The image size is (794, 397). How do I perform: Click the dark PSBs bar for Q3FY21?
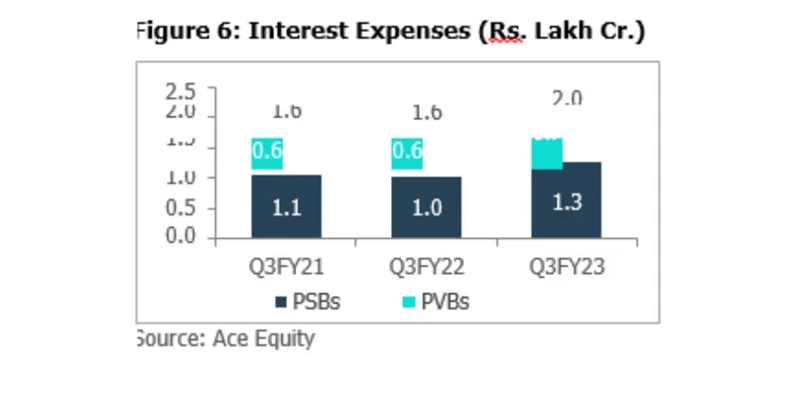point(286,205)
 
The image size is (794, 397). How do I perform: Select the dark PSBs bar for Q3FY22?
point(426,206)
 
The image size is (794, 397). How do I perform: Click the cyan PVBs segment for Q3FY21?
point(268,153)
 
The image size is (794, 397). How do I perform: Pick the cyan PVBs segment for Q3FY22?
point(408,153)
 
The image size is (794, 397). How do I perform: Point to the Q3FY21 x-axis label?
point(286,266)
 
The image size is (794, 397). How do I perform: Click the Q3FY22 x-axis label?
point(426,266)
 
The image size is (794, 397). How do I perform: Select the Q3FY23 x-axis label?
point(567,266)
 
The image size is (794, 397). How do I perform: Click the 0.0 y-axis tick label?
point(181,236)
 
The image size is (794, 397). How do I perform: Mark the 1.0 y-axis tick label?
point(181,179)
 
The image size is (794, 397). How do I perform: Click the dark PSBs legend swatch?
point(282,303)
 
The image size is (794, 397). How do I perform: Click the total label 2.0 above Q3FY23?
point(566,98)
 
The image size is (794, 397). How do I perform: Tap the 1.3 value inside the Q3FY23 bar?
point(566,202)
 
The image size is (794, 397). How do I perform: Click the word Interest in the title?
point(295,32)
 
